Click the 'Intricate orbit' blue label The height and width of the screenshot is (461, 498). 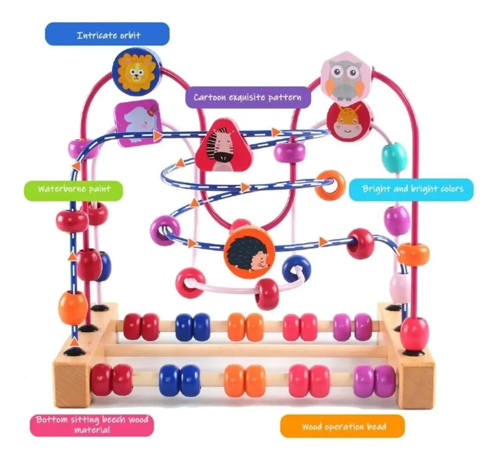tap(107, 34)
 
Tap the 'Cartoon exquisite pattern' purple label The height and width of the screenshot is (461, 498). tap(248, 97)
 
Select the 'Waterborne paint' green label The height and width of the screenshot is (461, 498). tap(73, 191)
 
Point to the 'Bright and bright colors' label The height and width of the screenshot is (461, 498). tap(411, 189)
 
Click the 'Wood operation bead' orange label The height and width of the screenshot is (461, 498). tap(342, 426)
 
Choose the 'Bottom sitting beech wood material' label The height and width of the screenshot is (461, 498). tap(92, 425)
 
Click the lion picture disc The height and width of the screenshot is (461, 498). tap(137, 74)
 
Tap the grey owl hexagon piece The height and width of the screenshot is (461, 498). tap(345, 77)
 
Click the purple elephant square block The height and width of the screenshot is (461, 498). tap(137, 123)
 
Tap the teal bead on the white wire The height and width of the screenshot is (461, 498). tap(394, 158)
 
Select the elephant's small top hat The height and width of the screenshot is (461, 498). tap(154, 108)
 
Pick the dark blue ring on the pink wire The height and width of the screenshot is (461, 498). tap(297, 269)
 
